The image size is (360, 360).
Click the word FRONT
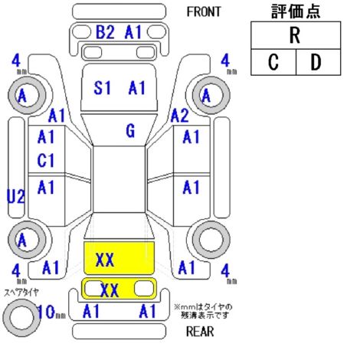click(x=204, y=12)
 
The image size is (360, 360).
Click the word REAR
click(x=200, y=332)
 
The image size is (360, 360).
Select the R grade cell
click(x=296, y=35)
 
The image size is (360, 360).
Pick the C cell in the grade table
click(x=273, y=62)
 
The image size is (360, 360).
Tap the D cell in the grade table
click(x=318, y=62)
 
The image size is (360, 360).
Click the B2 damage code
click(x=105, y=32)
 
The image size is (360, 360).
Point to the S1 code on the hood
click(x=102, y=88)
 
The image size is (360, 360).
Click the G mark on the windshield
click(x=130, y=131)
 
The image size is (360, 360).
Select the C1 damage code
click(x=46, y=161)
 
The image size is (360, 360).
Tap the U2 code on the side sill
click(x=16, y=197)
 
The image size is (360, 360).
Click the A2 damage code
click(x=179, y=116)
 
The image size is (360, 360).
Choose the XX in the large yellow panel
click(x=105, y=260)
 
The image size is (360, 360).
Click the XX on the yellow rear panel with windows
click(x=110, y=290)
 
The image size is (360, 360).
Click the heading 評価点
click(x=296, y=11)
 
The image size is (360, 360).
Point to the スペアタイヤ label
click(x=21, y=293)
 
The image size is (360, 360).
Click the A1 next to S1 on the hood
click(x=137, y=88)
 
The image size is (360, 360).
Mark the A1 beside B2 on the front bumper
click(x=133, y=32)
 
